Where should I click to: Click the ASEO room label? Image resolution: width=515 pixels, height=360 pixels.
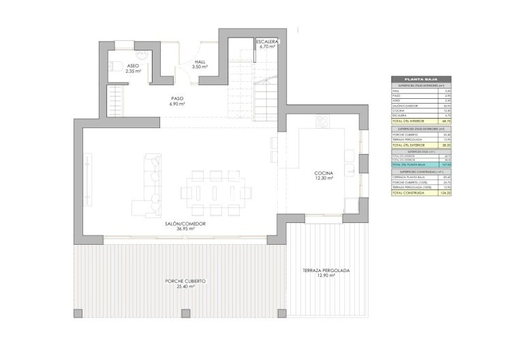[134, 65]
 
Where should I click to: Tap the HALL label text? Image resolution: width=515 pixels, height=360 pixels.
[200, 61]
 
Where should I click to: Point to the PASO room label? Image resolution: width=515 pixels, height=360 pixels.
[177, 98]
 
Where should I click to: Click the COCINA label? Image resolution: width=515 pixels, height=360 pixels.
[324, 174]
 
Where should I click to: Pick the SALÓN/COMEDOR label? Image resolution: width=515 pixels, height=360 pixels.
[185, 224]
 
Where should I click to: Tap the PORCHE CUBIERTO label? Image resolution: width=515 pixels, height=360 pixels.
[185, 281]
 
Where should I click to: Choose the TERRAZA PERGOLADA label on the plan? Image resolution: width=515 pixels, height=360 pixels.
[326, 271]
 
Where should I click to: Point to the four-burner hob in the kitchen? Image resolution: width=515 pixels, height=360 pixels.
[322, 122]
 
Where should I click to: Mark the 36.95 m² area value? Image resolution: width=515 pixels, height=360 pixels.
[185, 229]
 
